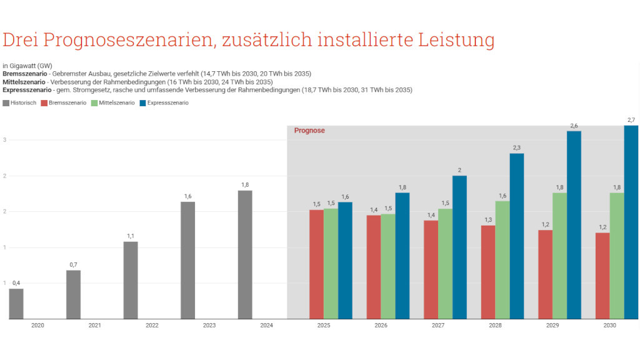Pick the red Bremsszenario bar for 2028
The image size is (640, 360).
point(488,272)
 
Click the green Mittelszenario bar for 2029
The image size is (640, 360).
point(559,256)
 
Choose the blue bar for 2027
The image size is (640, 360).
point(459,247)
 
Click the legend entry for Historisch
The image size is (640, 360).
point(20,102)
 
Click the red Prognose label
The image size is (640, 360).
point(309,131)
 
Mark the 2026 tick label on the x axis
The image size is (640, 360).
point(381,326)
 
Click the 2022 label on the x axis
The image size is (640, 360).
point(152,326)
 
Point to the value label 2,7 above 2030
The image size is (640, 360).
point(631,119)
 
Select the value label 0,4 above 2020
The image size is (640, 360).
point(16,282)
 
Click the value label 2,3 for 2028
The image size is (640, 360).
point(516,147)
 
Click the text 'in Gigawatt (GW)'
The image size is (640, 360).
point(27,66)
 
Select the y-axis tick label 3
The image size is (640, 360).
point(4,140)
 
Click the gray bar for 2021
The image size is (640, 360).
point(73,294)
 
